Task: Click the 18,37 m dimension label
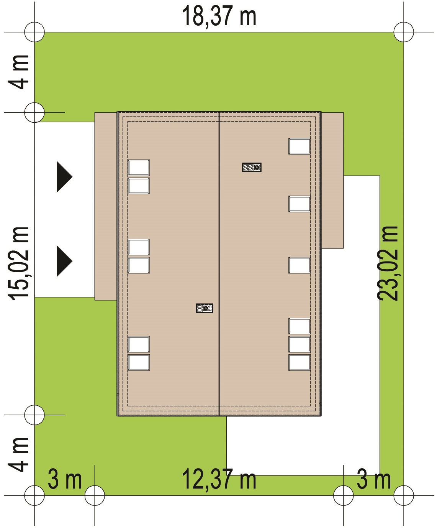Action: (x=219, y=16)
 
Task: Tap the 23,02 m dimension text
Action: (x=387, y=263)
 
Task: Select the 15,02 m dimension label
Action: (x=19, y=264)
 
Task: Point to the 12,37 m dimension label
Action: (x=219, y=479)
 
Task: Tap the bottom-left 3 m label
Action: (x=65, y=479)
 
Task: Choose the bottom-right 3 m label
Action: (x=374, y=479)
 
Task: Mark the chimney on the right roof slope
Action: (x=252, y=167)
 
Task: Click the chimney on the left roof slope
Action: (x=205, y=308)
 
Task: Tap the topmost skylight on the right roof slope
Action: (x=300, y=146)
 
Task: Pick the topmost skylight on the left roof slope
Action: (x=139, y=168)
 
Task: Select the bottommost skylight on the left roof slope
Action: (x=139, y=362)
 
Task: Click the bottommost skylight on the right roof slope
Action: (x=300, y=362)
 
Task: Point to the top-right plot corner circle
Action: (x=404, y=32)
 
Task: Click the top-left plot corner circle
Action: (x=34, y=32)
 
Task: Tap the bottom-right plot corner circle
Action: (x=404, y=496)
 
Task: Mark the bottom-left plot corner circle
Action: (x=34, y=496)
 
